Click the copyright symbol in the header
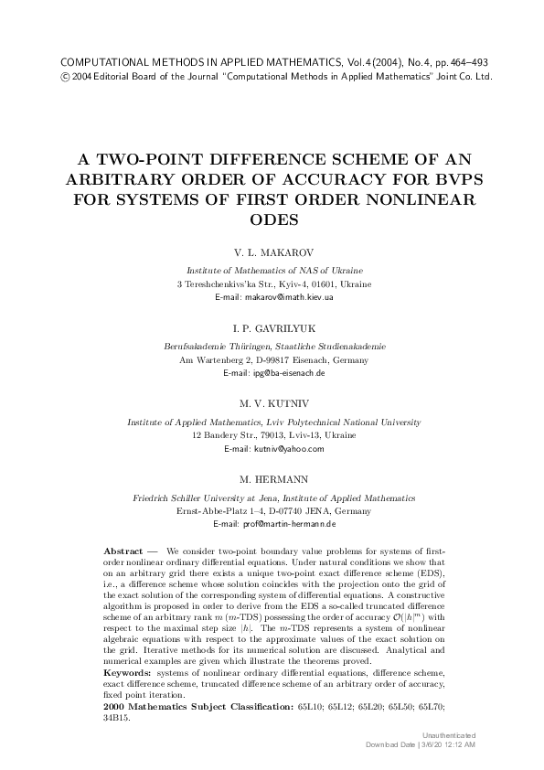pyautogui.click(x=65, y=77)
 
